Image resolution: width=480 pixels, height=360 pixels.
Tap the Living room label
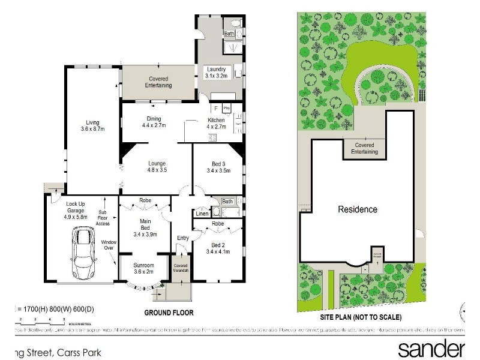click(92, 125)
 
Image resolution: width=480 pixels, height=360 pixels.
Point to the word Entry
click(183, 238)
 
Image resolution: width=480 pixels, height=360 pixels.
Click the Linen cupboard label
click(202, 214)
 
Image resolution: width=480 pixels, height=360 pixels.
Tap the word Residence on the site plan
click(358, 209)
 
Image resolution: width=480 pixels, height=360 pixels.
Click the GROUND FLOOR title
click(169, 313)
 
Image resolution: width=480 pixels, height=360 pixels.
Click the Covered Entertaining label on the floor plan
click(158, 82)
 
